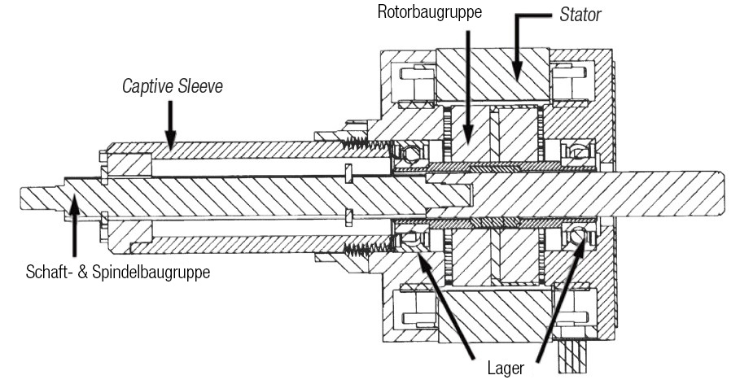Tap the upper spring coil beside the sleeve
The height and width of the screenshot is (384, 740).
[362, 144]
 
